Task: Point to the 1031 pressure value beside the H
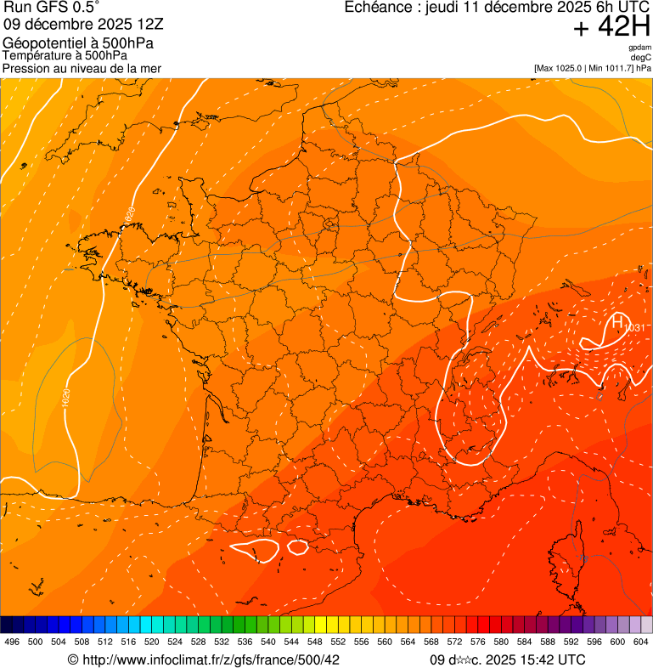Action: [633, 328]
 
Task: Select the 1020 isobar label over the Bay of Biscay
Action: [66, 397]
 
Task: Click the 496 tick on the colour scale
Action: [12, 642]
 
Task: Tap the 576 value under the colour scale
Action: [477, 642]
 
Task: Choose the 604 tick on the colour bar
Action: [641, 642]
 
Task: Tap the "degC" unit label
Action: [641, 58]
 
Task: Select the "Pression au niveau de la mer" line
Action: [82, 68]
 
